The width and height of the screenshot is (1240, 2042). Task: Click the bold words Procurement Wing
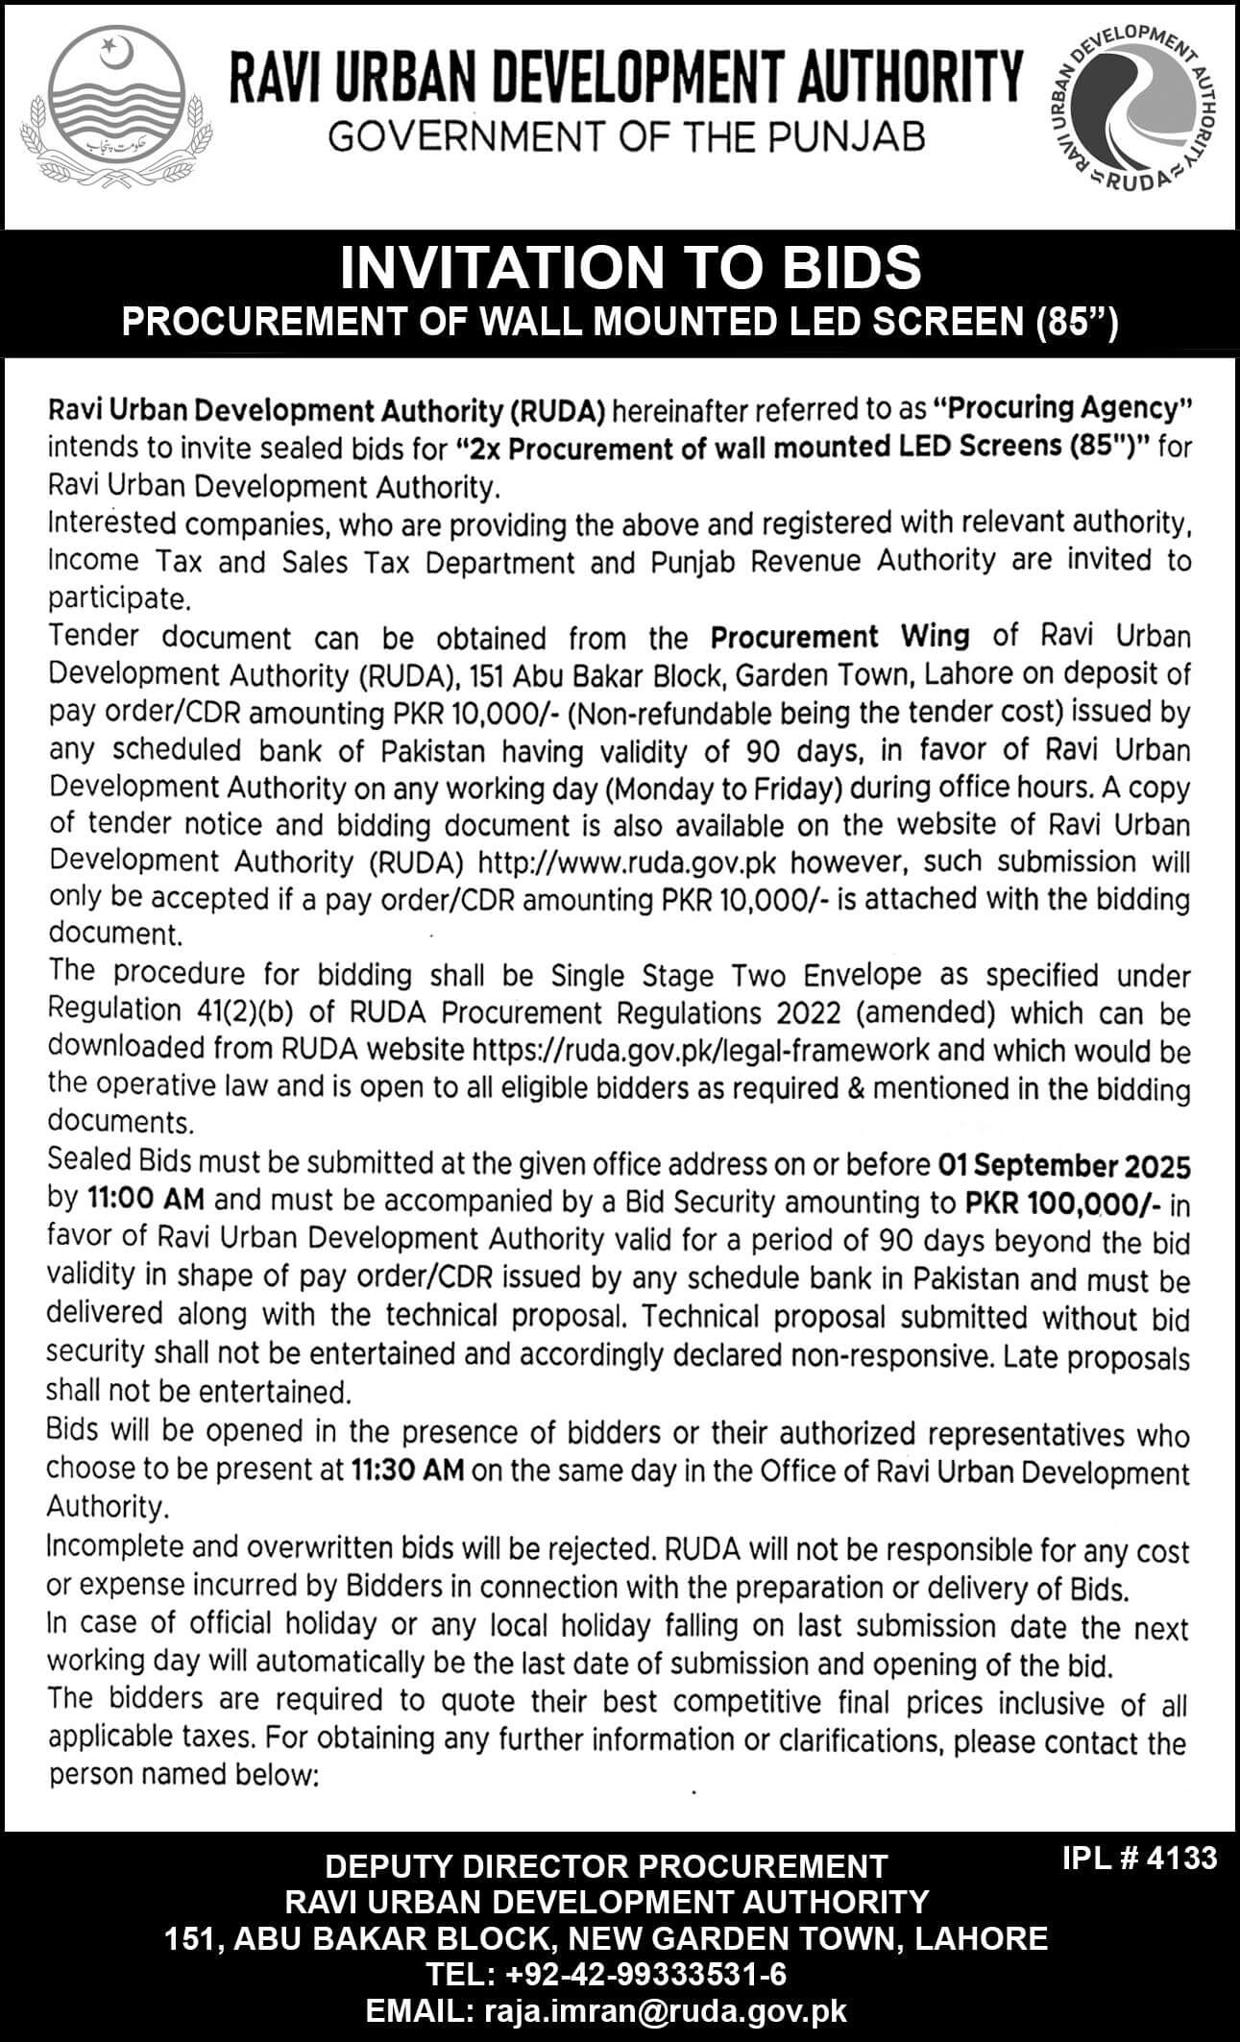tap(839, 636)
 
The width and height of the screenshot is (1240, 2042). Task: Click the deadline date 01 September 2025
tap(1063, 1166)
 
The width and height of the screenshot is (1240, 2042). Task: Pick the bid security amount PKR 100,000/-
tap(1058, 1203)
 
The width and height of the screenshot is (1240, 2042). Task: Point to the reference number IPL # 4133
tap(1139, 1857)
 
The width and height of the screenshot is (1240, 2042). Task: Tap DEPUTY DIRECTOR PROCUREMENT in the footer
tap(606, 1866)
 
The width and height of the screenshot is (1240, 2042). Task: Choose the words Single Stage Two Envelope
tap(735, 975)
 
